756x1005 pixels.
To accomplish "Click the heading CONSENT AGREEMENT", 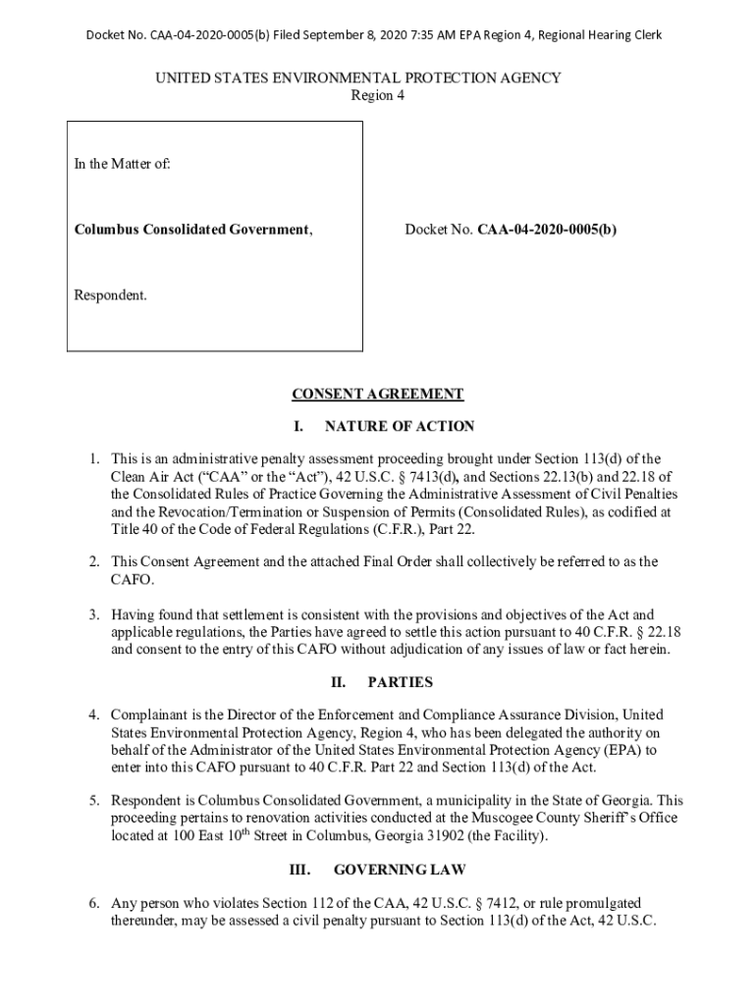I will click(x=377, y=395).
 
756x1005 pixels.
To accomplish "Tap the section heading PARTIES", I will click(x=400, y=682).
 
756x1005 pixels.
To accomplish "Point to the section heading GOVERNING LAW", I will click(x=400, y=870).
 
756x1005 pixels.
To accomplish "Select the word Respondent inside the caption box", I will click(x=109, y=294).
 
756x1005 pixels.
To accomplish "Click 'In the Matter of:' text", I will click(x=123, y=165).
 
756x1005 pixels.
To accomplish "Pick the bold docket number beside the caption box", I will click(x=547, y=230).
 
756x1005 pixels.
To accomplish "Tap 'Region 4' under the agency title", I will click(x=377, y=96).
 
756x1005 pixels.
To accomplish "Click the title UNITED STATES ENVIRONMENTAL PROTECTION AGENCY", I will click(x=377, y=79).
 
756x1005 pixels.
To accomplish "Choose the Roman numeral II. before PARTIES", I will click(x=341, y=682).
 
